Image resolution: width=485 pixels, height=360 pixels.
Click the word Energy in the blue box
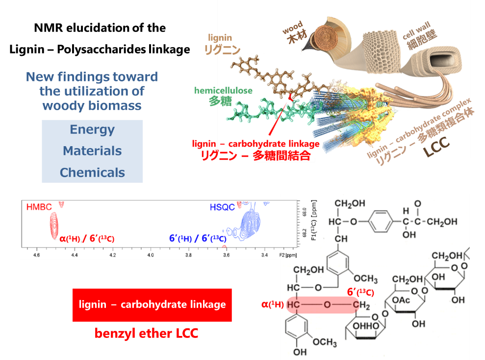[92, 129]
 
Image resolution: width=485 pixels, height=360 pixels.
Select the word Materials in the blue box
[92, 151]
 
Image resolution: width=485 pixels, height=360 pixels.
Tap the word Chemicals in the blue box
[92, 173]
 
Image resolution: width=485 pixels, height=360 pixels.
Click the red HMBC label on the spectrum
[39, 208]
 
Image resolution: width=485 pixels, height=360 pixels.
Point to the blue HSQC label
[223, 208]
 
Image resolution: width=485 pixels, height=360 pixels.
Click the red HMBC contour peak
[53, 226]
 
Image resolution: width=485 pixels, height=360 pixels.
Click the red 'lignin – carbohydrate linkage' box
[152, 305]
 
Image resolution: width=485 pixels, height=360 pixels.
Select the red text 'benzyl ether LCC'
[146, 334]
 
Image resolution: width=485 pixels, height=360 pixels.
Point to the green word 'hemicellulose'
[223, 90]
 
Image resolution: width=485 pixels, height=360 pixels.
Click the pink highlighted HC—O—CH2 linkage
[324, 305]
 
